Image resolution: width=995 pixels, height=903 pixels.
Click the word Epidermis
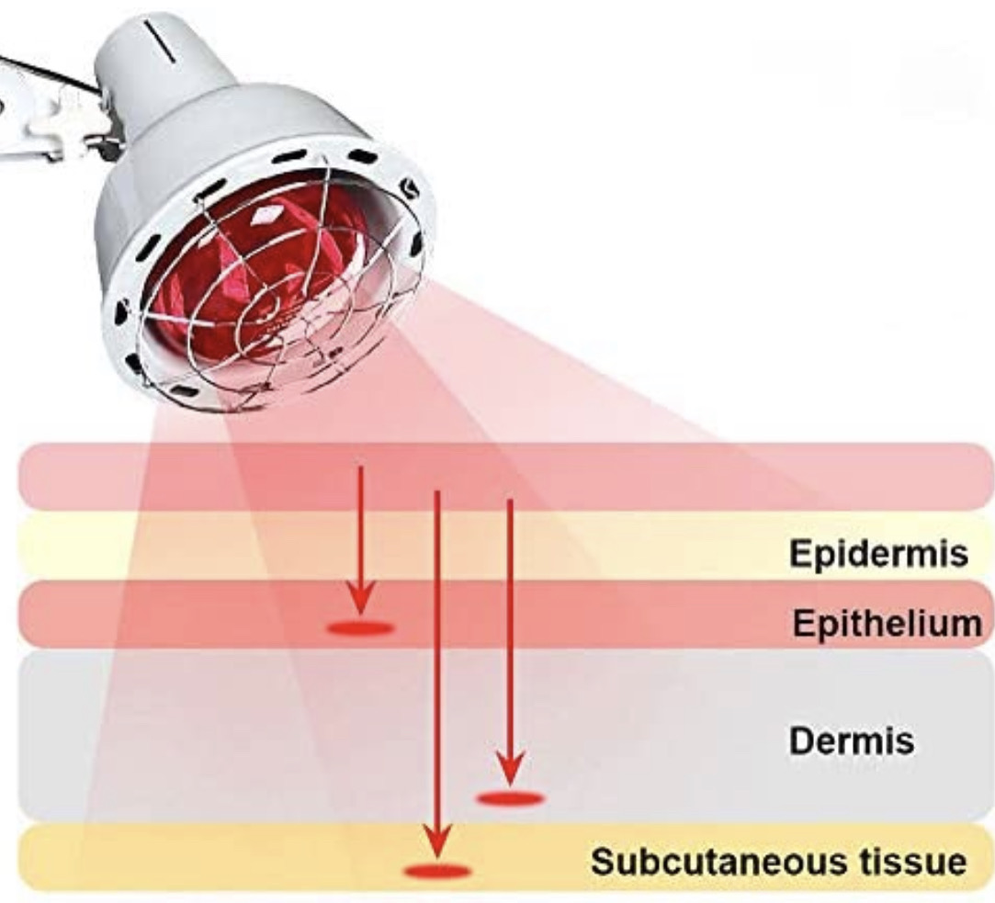[x=879, y=553]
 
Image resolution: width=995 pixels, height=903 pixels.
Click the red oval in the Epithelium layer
[x=360, y=628]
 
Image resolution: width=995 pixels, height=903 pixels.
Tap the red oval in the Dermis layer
[x=510, y=797]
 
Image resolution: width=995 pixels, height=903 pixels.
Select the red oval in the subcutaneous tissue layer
[x=438, y=871]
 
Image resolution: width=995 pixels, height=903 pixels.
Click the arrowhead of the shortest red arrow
[x=360, y=598]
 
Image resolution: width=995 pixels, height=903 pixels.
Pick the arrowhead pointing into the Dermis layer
[x=510, y=768]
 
